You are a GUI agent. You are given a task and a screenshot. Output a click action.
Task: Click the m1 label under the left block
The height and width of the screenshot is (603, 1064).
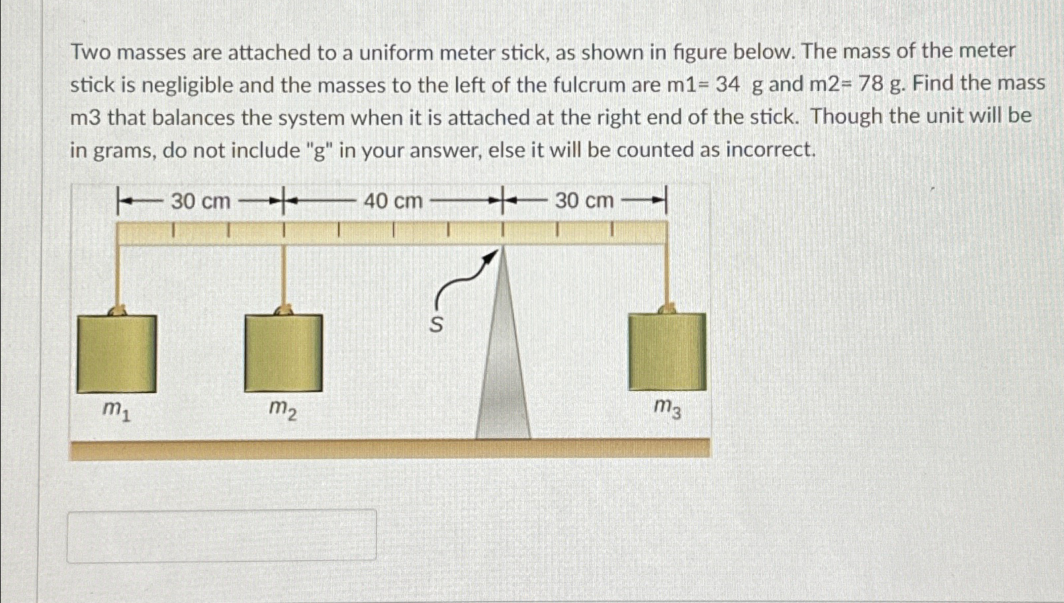[x=116, y=411]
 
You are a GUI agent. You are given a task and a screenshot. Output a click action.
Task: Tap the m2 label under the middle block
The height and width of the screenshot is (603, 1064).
[x=283, y=411]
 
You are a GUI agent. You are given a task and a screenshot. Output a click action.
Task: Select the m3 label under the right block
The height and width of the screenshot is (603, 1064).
[x=666, y=408]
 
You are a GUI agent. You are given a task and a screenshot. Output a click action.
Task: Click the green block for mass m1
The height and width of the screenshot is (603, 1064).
[x=116, y=353]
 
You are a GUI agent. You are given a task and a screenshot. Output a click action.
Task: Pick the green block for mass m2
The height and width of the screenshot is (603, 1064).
[x=283, y=353]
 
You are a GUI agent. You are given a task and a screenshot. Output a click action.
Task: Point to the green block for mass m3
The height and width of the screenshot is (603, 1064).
[x=667, y=351]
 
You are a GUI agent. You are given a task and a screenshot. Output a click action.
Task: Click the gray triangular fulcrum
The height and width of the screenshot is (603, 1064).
[x=504, y=371]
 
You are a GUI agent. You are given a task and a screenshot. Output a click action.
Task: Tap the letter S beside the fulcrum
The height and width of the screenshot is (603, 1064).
[x=436, y=325]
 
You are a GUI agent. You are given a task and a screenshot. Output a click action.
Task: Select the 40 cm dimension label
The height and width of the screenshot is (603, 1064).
[x=393, y=200]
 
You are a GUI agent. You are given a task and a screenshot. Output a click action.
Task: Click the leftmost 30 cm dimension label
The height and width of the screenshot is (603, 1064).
[x=200, y=201]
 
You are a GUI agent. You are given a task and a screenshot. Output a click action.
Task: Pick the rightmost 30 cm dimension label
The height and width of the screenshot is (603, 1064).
[x=584, y=200]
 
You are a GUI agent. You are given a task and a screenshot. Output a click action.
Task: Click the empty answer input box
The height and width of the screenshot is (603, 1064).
[x=222, y=535]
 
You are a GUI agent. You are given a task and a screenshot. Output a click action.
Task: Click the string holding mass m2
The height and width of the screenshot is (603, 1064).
[x=284, y=275]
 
